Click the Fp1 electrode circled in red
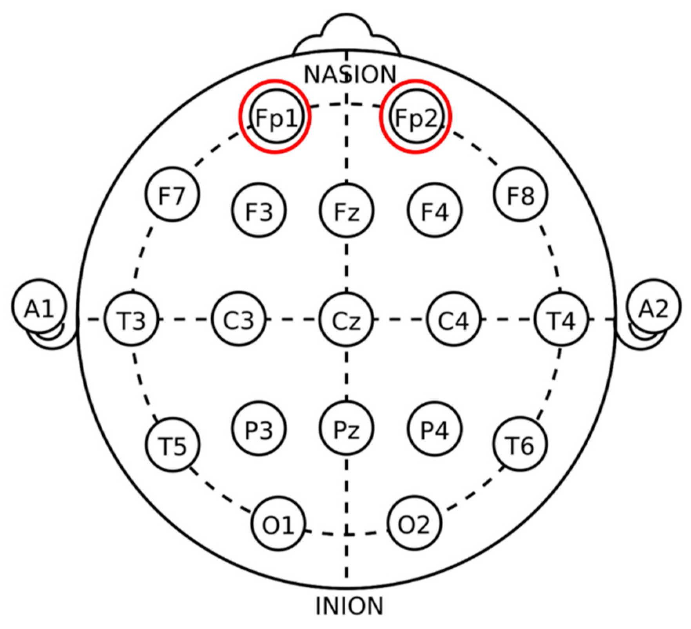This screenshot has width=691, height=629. [276, 117]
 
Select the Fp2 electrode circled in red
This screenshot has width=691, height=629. [416, 117]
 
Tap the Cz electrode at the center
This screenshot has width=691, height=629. [346, 320]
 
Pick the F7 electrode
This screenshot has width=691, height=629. [172, 194]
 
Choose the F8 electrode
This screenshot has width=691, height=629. [521, 194]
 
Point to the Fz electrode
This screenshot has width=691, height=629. [346, 211]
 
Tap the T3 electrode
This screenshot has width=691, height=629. [132, 320]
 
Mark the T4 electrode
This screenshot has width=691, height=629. [561, 320]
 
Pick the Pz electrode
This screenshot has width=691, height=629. [346, 428]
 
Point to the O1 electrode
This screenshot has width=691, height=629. [278, 522]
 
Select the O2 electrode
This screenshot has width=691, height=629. [414, 522]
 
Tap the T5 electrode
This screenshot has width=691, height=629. [172, 445]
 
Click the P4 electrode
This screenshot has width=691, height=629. [434, 428]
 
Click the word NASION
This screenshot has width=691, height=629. [350, 74]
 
